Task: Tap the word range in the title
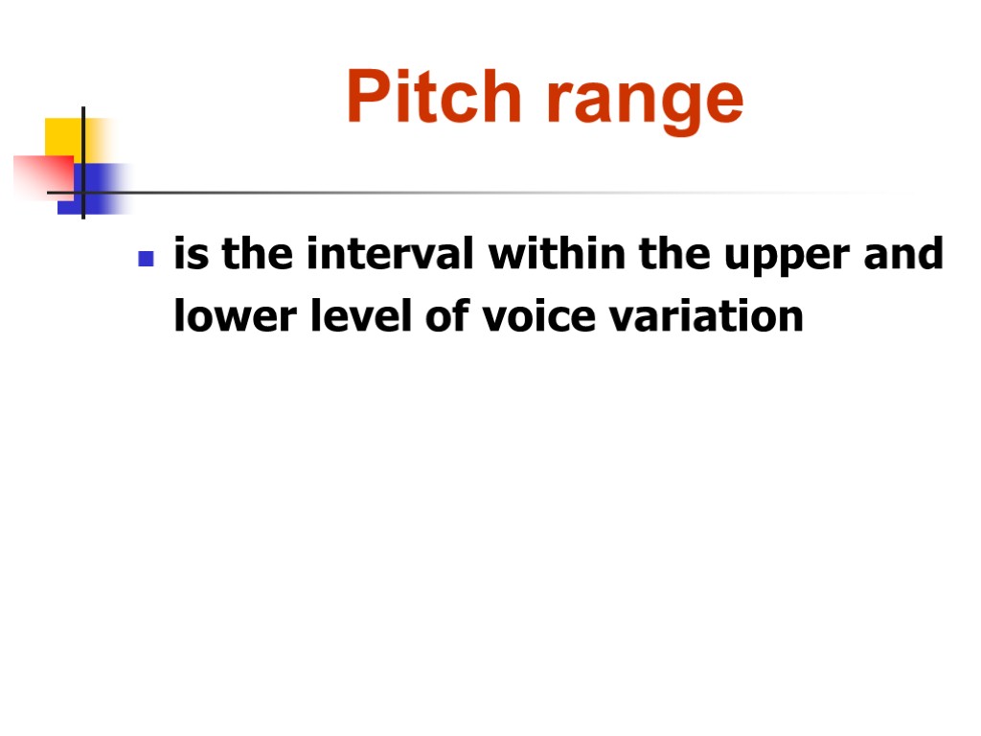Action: coord(644,101)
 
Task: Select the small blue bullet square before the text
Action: coord(146,259)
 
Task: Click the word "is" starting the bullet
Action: coord(188,256)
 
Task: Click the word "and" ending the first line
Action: coord(910,256)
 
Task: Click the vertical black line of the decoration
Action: coord(83,144)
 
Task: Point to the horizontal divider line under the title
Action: coord(479,193)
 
